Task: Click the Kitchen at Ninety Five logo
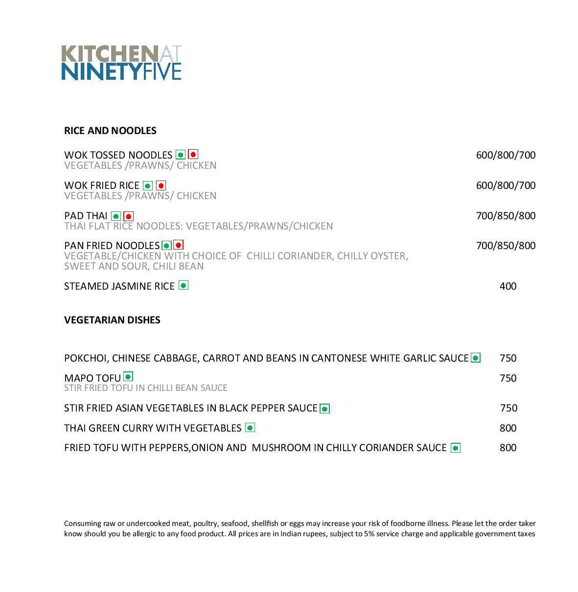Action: pyautogui.click(x=121, y=63)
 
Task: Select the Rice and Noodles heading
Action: pyautogui.click(x=110, y=131)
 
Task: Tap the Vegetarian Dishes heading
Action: pyautogui.click(x=112, y=320)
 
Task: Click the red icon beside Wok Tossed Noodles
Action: pyautogui.click(x=193, y=155)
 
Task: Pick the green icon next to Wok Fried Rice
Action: pyautogui.click(x=148, y=185)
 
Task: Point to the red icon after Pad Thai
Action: pyautogui.click(x=128, y=216)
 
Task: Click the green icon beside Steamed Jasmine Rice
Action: pyautogui.click(x=184, y=285)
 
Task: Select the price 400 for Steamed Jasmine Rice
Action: pyautogui.click(x=508, y=286)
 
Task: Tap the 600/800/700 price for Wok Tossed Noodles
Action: pyautogui.click(x=506, y=155)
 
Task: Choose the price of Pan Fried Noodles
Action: pyautogui.click(x=506, y=246)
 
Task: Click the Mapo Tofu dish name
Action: pyautogui.click(x=92, y=378)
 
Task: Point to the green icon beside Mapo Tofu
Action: pyautogui.click(x=128, y=376)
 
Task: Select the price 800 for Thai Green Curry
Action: pyautogui.click(x=508, y=428)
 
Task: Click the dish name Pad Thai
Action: pyautogui.click(x=86, y=216)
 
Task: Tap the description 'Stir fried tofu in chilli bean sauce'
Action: pyautogui.click(x=146, y=388)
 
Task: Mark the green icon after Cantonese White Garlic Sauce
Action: pyautogui.click(x=475, y=358)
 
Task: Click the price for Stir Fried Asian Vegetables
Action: pyautogui.click(x=509, y=408)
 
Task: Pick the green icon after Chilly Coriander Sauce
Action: pyautogui.click(x=455, y=448)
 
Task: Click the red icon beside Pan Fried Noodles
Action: pyautogui.click(x=179, y=245)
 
